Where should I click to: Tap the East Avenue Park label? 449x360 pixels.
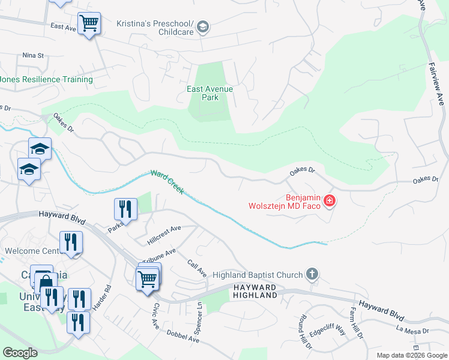(209, 93)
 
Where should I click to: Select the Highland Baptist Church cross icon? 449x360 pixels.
(312, 275)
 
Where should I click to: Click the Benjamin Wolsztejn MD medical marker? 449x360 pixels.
(329, 201)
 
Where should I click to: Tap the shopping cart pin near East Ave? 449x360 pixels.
(89, 24)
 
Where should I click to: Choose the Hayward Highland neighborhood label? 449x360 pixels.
(255, 292)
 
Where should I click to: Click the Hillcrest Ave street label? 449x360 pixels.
(164, 235)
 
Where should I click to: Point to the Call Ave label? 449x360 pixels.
(197, 268)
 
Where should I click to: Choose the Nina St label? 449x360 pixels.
(33, 56)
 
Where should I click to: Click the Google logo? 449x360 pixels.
(20, 352)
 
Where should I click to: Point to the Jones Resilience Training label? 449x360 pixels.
(46, 79)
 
